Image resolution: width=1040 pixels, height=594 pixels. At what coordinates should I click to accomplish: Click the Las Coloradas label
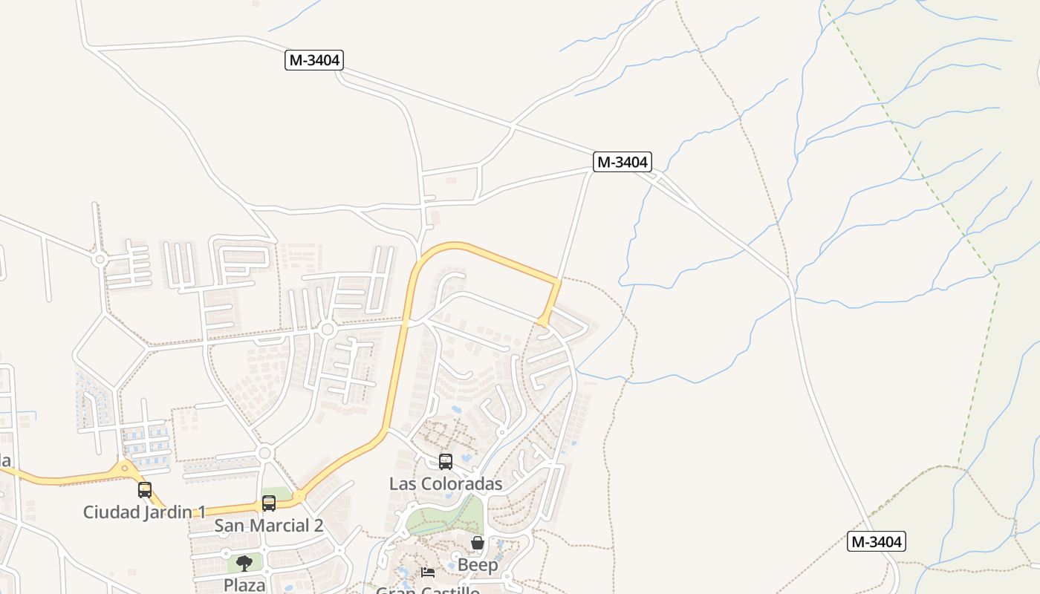click(x=446, y=484)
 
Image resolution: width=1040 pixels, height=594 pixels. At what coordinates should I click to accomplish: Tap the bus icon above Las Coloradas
click(x=446, y=462)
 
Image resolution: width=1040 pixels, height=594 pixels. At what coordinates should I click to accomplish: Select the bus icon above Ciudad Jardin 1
click(x=145, y=490)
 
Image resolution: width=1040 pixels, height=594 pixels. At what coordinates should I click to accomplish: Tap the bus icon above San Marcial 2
click(x=269, y=503)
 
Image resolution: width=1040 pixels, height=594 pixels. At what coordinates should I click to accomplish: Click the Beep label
click(x=478, y=565)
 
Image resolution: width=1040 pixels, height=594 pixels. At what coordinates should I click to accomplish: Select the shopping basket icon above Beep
click(x=478, y=544)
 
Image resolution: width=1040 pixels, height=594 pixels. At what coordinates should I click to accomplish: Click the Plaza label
click(x=244, y=585)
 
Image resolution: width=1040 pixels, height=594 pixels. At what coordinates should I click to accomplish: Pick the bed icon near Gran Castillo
click(x=428, y=572)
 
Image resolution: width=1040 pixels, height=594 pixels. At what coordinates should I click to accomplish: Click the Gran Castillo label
click(x=428, y=591)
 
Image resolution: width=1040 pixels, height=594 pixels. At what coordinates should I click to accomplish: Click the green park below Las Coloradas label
click(x=446, y=518)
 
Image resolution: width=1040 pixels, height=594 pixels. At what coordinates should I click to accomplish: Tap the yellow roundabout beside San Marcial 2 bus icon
click(x=299, y=496)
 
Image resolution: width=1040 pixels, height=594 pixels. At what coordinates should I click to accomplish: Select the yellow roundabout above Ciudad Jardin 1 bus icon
click(x=125, y=469)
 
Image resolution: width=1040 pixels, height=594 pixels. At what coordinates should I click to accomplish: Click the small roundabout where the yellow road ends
click(x=544, y=322)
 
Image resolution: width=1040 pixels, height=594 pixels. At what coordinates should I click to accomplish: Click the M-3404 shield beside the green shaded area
click(x=877, y=542)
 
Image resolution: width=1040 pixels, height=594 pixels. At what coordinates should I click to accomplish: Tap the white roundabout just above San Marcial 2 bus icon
click(x=264, y=453)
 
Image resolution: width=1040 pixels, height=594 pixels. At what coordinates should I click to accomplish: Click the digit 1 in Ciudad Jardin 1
click(x=201, y=512)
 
